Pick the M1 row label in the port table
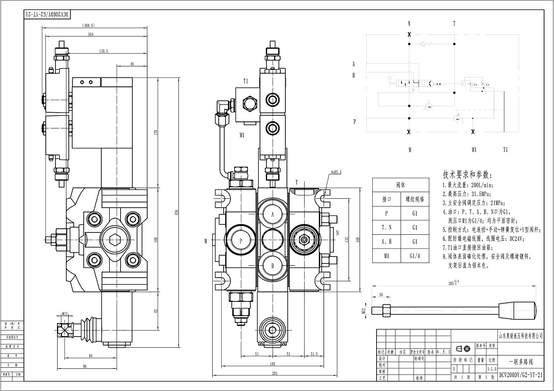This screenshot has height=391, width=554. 387,255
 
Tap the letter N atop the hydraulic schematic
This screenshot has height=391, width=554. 409,24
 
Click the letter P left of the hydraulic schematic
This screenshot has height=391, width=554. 353,120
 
